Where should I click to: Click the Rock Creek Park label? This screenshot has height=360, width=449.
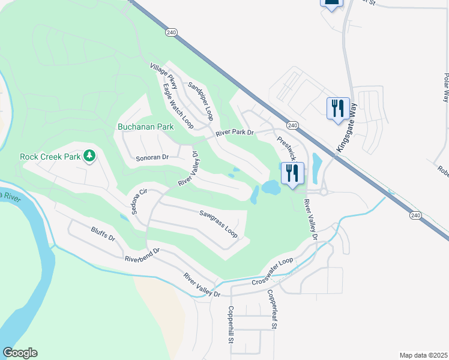(x=50, y=157)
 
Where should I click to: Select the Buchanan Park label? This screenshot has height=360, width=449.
(x=145, y=127)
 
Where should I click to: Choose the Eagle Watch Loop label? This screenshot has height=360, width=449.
(x=178, y=106)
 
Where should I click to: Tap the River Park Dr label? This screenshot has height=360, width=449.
(x=235, y=133)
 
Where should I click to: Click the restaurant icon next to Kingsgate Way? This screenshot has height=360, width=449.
(x=338, y=108)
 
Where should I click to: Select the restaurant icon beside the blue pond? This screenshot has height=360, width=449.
(x=292, y=173)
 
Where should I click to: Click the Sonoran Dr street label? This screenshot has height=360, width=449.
(x=152, y=157)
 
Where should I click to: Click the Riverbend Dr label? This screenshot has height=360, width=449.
(x=142, y=256)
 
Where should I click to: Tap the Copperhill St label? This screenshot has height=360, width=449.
(x=229, y=324)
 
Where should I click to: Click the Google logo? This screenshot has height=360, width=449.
(x=20, y=353)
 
